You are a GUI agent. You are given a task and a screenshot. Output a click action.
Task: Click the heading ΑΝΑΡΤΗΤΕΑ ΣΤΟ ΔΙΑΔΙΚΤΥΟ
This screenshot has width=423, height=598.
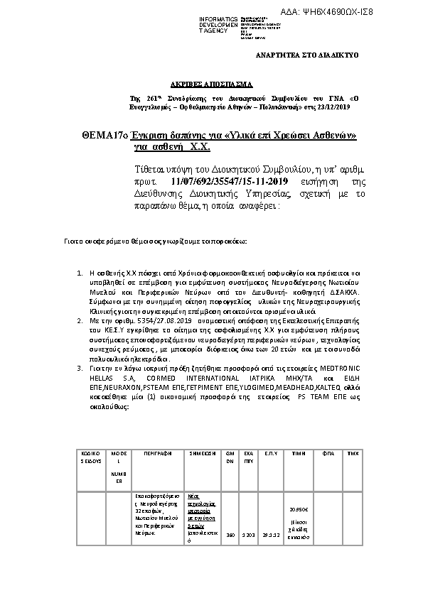click(307, 55)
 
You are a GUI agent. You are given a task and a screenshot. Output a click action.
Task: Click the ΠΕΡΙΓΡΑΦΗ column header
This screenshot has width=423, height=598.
click(154, 452)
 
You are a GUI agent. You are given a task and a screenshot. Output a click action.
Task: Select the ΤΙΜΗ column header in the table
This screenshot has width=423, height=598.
click(299, 452)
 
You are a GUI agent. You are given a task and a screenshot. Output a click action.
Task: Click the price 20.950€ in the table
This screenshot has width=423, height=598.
click(299, 509)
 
